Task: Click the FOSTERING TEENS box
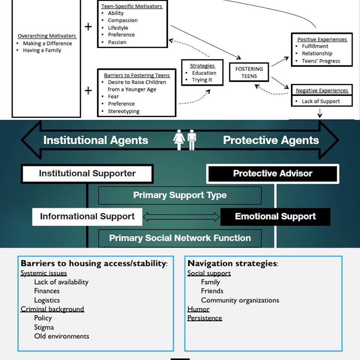(x=249, y=72)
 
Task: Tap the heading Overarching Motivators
(x=47, y=36)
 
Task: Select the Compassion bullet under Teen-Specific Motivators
(x=123, y=20)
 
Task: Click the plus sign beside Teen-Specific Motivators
(x=88, y=27)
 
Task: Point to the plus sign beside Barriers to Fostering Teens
(x=88, y=90)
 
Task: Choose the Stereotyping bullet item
(x=123, y=111)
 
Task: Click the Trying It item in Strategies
(x=202, y=80)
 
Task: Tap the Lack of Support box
(x=322, y=101)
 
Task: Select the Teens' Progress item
(x=321, y=61)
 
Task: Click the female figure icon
(x=179, y=139)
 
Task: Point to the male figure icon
(x=192, y=139)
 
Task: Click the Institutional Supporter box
(x=87, y=174)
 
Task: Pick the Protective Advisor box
(x=273, y=174)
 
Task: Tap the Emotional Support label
(x=275, y=216)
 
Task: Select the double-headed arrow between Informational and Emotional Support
(x=181, y=217)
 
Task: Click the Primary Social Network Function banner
(x=180, y=238)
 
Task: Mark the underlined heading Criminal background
(x=52, y=309)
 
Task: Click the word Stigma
(x=44, y=327)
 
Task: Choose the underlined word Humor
(x=198, y=309)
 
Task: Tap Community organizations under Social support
(x=240, y=300)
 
